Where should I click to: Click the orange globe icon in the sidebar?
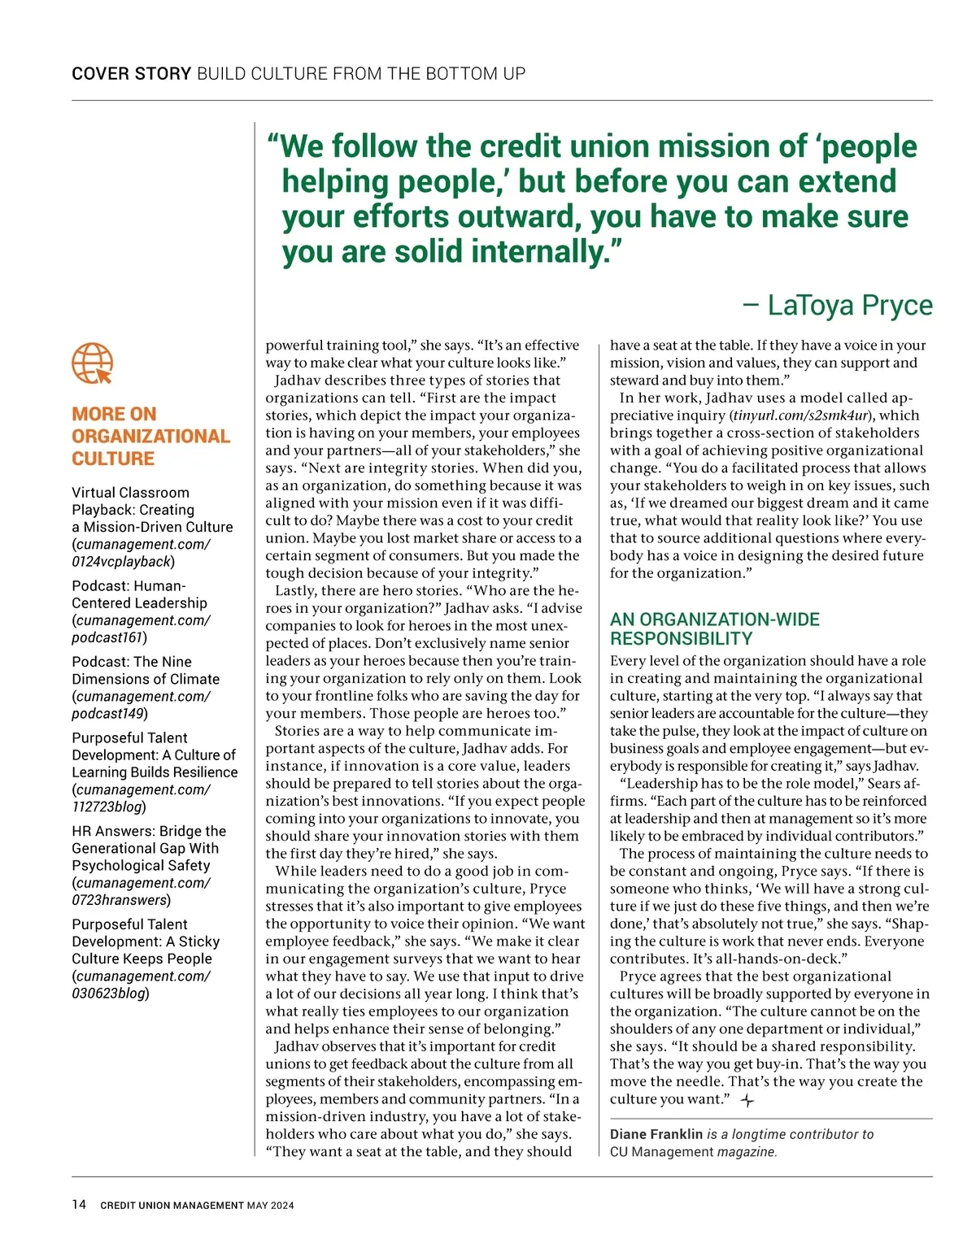92,363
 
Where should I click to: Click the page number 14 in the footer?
79,1204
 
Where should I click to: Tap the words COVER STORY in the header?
131,74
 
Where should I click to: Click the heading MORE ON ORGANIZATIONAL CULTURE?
150,437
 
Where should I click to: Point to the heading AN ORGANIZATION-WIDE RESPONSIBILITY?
714,628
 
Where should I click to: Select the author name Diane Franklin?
656,1134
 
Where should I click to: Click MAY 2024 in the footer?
270,1205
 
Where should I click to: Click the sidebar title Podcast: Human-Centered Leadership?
139,594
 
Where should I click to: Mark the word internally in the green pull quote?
543,251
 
